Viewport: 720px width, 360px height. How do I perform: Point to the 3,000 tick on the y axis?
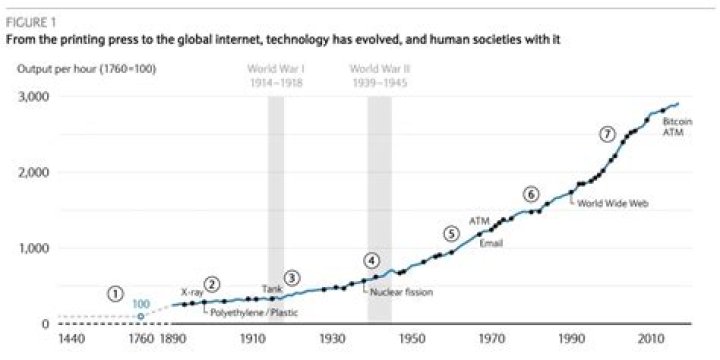click(x=35, y=97)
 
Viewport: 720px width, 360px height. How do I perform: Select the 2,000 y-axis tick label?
click(x=35, y=173)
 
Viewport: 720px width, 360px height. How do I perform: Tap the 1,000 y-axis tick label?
click(x=35, y=248)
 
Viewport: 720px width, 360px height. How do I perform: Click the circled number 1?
click(x=117, y=293)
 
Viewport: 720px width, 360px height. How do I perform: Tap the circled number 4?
click(x=372, y=261)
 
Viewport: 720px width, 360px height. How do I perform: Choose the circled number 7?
click(x=606, y=134)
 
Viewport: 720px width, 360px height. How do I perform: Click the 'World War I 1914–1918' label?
click(x=276, y=77)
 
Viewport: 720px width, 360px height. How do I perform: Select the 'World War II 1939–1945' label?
click(x=378, y=77)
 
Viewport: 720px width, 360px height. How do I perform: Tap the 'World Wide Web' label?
click(x=613, y=202)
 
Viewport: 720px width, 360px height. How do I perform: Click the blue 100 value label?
click(x=141, y=303)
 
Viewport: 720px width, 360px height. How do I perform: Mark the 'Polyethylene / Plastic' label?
click(x=253, y=313)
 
